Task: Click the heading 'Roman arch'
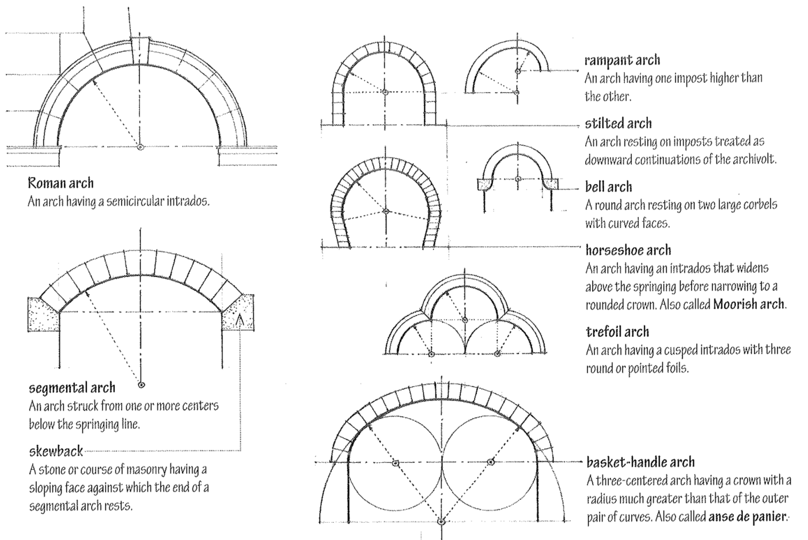point(60,183)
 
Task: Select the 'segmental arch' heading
point(72,387)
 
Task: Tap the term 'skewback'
point(56,451)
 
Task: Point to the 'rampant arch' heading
point(622,60)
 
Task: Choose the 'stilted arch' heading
point(618,123)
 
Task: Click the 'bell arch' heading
point(608,187)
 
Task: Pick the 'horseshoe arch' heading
point(628,250)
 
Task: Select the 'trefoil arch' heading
point(617,332)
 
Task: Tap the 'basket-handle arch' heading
point(640,462)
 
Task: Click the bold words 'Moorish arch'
point(749,304)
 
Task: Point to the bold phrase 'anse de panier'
point(747,516)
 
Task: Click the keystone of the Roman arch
point(140,49)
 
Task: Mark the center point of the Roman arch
point(140,147)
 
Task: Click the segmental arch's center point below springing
point(141,384)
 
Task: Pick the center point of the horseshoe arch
point(386,211)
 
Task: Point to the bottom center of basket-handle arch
point(441,522)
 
